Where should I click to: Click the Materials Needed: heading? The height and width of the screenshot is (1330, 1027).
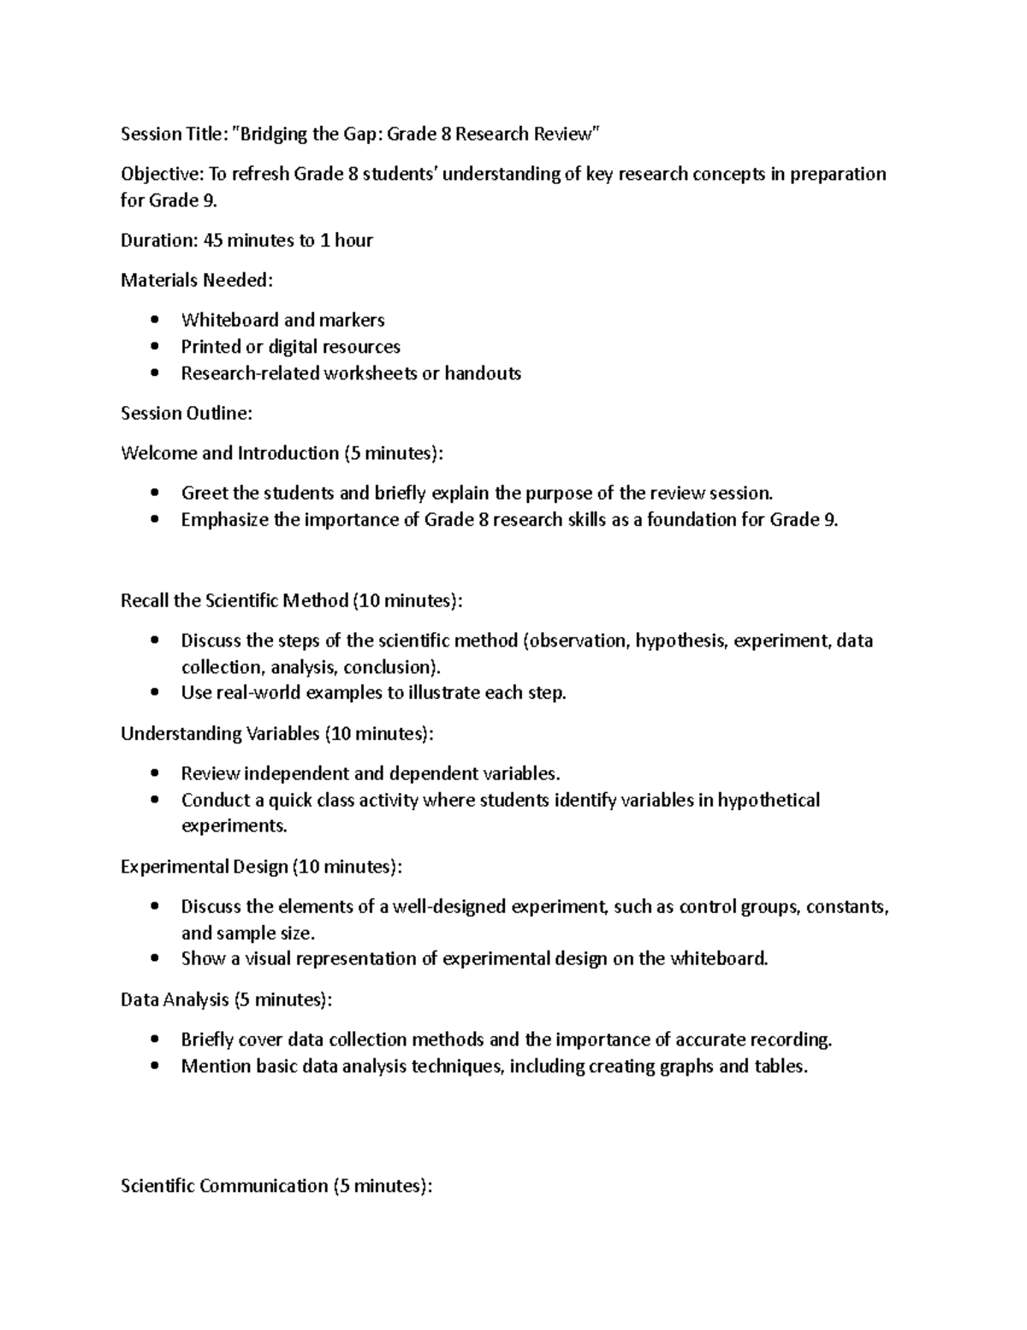click(x=197, y=280)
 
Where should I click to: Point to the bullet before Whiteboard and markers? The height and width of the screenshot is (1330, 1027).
click(x=154, y=320)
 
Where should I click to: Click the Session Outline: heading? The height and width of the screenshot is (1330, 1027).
click(x=187, y=414)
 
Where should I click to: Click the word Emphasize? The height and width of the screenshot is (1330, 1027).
click(x=224, y=520)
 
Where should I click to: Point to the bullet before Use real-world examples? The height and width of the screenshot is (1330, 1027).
click(x=154, y=693)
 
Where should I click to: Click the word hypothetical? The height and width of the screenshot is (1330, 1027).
click(x=768, y=800)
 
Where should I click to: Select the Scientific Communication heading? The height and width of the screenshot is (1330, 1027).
click(x=276, y=1186)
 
